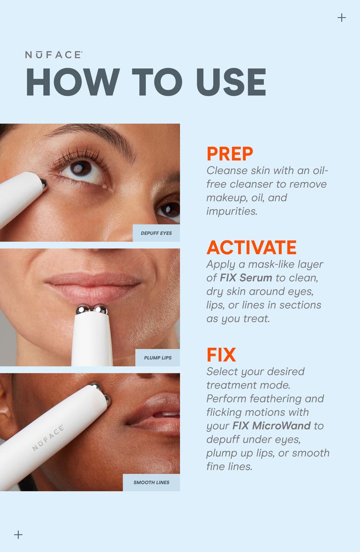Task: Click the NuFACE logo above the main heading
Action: (54, 55)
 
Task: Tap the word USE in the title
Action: (231, 83)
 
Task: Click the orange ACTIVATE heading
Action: (252, 248)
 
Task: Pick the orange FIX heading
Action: (221, 355)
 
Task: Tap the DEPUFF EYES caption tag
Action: (156, 233)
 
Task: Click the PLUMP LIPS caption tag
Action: (157, 358)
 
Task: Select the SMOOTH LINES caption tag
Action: (151, 482)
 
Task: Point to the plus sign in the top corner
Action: (342, 18)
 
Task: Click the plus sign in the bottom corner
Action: (18, 534)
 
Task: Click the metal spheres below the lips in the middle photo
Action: (92, 309)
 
